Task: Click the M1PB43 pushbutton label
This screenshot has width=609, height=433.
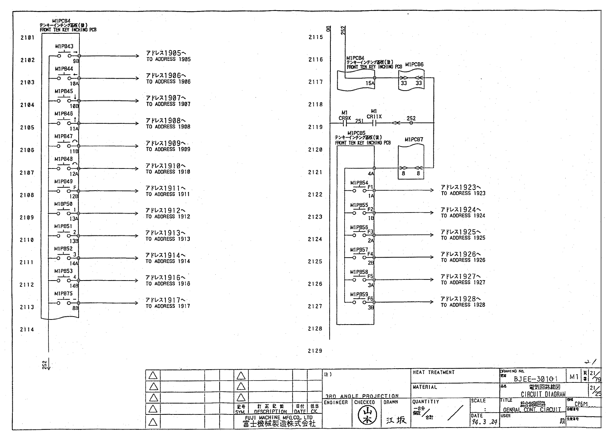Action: (x=64, y=47)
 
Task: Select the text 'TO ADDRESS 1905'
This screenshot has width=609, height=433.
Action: (x=168, y=59)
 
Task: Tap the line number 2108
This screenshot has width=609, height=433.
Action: (x=27, y=195)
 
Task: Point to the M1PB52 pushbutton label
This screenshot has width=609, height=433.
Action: (x=63, y=249)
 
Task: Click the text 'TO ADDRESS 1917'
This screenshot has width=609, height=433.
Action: (x=168, y=306)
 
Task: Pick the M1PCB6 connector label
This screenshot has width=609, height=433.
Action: (x=414, y=65)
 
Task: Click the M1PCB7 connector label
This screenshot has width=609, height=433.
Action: (x=414, y=140)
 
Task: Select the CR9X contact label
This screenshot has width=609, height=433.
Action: (x=345, y=118)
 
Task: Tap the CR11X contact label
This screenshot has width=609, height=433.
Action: (x=374, y=116)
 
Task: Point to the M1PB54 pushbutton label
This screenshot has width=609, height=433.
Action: (x=359, y=183)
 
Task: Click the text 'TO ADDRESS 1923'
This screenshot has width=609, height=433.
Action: (x=463, y=194)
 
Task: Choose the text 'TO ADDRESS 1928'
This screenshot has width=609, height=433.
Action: (x=463, y=305)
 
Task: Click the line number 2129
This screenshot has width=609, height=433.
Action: (x=315, y=351)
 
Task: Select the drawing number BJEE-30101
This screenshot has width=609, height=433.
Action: (x=535, y=379)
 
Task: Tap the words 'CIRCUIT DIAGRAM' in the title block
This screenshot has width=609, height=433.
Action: (x=543, y=394)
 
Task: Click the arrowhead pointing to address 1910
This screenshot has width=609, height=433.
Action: (x=137, y=168)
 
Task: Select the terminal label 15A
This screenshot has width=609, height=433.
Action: (x=370, y=83)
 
